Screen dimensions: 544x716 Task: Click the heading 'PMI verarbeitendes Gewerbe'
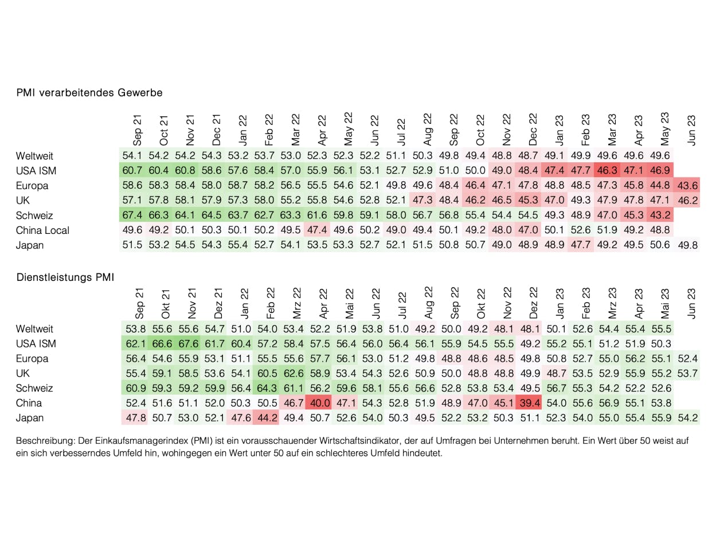[x=89, y=92]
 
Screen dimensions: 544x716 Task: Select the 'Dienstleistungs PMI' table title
[x=65, y=277]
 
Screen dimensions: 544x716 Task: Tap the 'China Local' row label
[x=43, y=230]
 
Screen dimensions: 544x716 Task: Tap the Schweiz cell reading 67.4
[x=134, y=215]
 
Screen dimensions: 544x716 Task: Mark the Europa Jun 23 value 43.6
[x=687, y=185]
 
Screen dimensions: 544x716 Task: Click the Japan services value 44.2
[x=267, y=418]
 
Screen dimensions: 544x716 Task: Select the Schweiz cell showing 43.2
[x=661, y=215]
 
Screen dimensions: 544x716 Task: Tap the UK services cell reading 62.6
[x=293, y=373]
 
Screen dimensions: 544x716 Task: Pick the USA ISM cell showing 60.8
[x=186, y=170]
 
